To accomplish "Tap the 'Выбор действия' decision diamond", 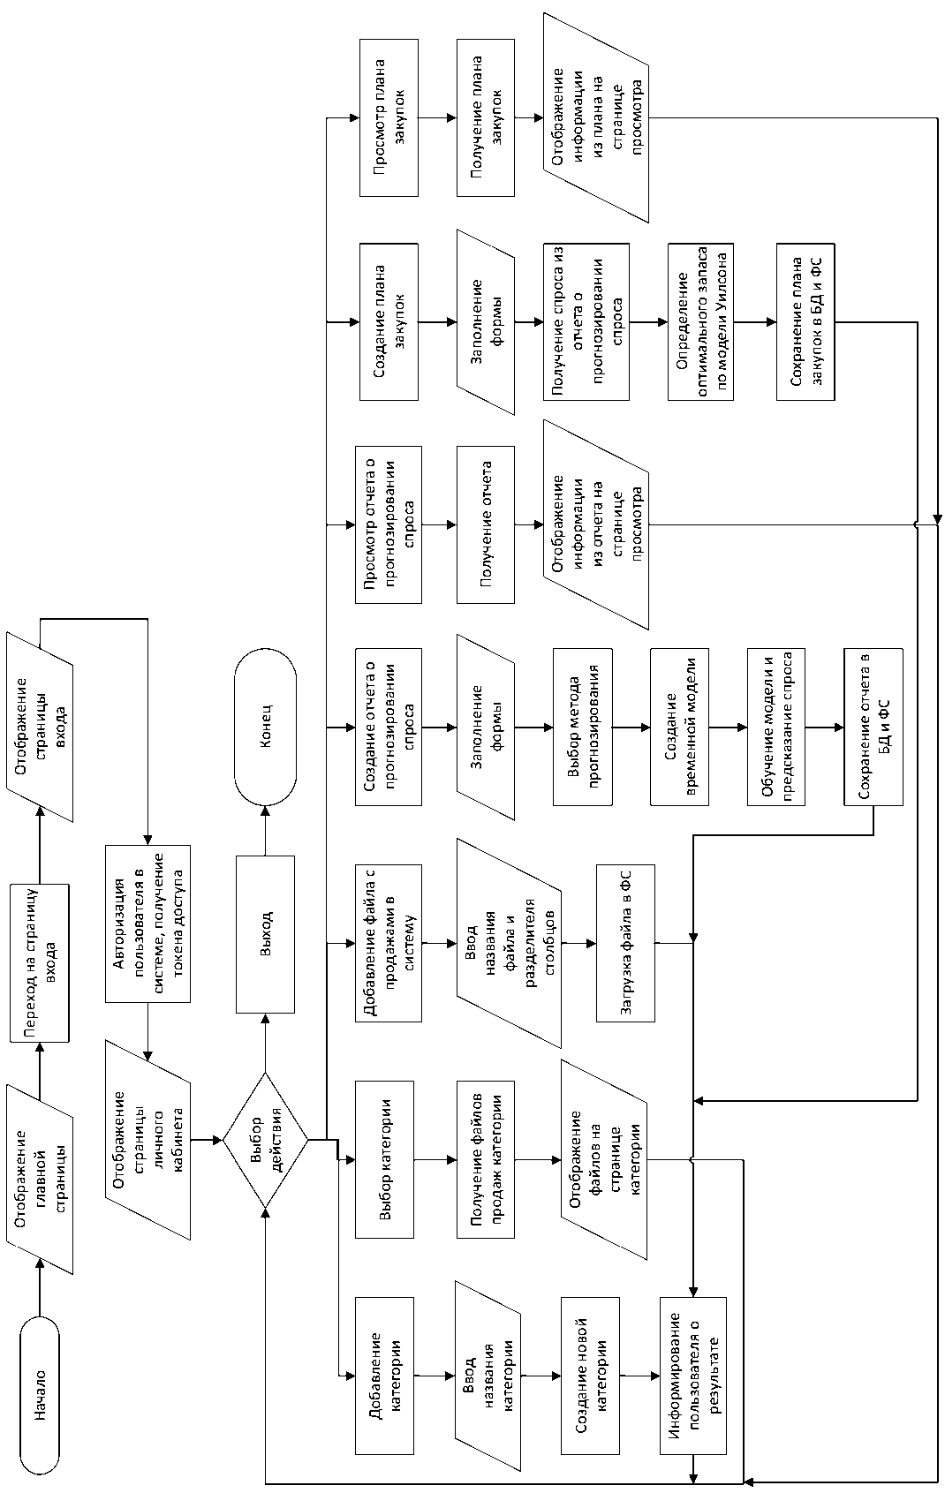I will [x=265, y=1140].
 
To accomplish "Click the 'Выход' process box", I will [x=265, y=933].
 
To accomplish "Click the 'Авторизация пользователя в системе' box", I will [x=147, y=923].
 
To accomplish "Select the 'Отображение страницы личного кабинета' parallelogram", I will [x=147, y=1140].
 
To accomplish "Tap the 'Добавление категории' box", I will [x=384, y=1375].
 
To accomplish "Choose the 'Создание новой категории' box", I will [x=589, y=1375].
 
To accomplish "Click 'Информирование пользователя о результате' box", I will [x=693, y=1375].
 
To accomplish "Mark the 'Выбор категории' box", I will [x=384, y=1158].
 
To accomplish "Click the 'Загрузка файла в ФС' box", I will [x=625, y=943].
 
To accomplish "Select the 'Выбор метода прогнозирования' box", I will [x=583, y=727].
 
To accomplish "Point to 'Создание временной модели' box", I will [x=680, y=727].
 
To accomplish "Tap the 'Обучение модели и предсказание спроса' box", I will [x=776, y=727].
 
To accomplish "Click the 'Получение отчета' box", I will [x=485, y=524].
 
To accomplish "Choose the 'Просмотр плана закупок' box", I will [x=389, y=117].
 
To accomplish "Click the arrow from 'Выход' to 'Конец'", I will [x=265, y=830].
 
